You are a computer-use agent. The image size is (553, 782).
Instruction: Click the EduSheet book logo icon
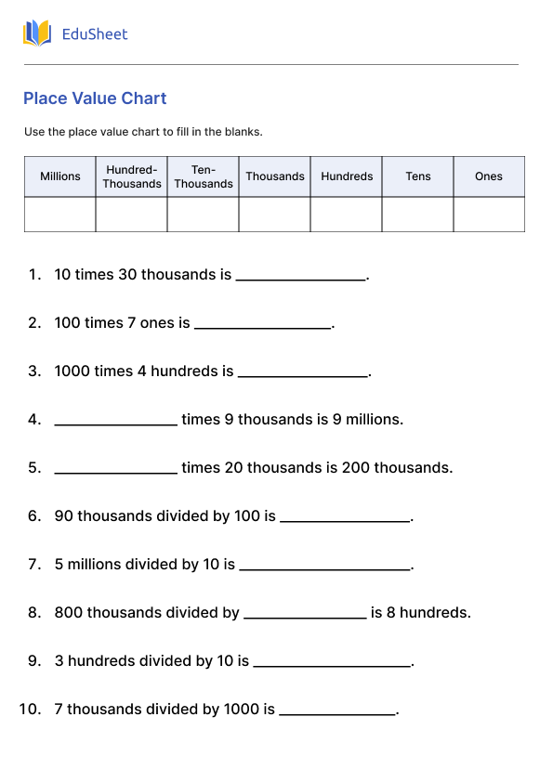point(37,34)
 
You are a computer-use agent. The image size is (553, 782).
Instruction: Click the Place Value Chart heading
point(95,98)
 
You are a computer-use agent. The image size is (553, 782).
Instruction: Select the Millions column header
point(60,176)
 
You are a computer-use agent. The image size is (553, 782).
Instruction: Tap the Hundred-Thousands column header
point(132,176)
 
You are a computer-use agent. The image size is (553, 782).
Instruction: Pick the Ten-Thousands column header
point(204,176)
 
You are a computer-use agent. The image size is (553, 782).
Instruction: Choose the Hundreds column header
point(347,176)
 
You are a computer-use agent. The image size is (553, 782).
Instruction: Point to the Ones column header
point(489,176)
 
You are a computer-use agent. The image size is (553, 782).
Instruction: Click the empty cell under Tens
point(418,215)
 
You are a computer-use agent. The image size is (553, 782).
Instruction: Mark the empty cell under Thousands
point(275,215)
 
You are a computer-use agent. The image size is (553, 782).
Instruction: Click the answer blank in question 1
point(301,276)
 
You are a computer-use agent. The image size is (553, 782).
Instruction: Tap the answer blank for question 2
point(262,324)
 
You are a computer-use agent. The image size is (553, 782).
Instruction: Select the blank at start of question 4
point(115,421)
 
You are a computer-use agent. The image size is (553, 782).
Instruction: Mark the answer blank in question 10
point(337,710)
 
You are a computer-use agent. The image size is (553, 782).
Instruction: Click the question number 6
point(34,516)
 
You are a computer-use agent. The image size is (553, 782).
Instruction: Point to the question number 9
point(34,661)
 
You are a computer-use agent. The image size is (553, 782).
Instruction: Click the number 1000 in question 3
point(72,371)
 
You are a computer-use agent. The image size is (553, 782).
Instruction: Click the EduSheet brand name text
point(95,34)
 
